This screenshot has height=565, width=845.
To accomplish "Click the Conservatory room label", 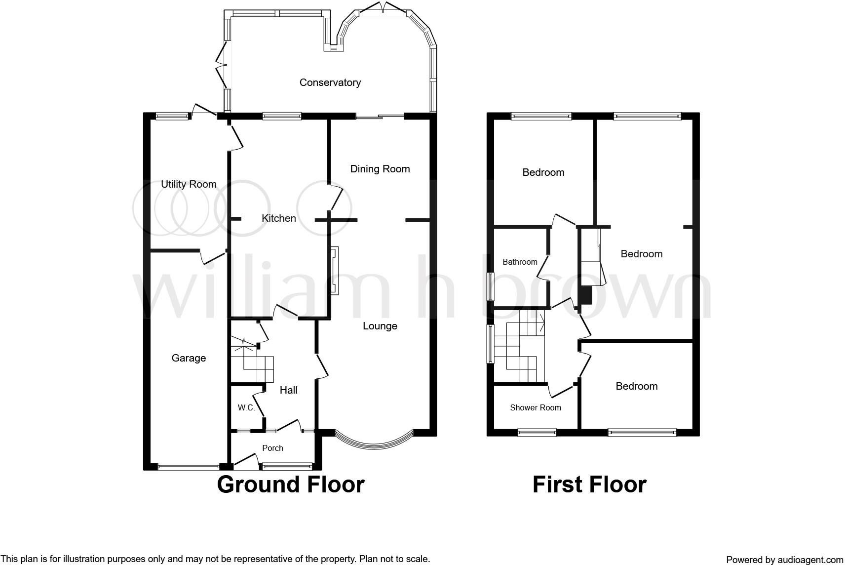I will (330, 82).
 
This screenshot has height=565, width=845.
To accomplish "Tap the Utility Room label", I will (189, 184).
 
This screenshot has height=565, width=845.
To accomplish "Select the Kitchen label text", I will (278, 218).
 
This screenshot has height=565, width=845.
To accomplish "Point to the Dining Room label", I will (380, 169).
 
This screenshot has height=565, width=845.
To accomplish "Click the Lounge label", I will (380, 326).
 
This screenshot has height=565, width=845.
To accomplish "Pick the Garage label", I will (189, 358).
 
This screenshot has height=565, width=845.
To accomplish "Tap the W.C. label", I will (246, 408).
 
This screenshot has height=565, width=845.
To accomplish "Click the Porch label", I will (272, 448).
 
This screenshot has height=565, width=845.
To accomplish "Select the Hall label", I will (288, 390).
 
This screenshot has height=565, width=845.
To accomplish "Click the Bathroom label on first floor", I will (520, 262).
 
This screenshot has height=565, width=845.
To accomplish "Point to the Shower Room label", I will (535, 407).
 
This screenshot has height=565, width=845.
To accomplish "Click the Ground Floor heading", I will (290, 484).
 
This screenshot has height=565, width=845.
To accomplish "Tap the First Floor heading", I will (589, 484).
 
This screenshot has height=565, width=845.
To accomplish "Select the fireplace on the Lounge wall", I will (335, 271).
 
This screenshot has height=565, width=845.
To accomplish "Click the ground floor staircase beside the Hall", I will (252, 363).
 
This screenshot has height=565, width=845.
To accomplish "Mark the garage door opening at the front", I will (188, 466).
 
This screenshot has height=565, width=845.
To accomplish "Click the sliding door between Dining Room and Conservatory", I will (380, 117).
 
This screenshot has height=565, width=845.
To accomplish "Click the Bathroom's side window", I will (490, 286).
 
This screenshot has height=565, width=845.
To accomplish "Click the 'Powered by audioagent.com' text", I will (784, 560).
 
